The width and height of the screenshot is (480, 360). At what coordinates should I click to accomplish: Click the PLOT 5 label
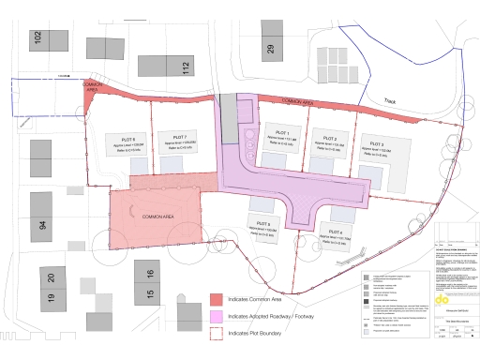click(x=262, y=223)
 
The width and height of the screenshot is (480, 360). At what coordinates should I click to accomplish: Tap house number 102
click(x=37, y=38)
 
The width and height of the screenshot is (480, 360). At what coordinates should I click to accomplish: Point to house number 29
click(x=269, y=50)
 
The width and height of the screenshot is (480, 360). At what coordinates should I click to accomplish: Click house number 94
click(x=42, y=226)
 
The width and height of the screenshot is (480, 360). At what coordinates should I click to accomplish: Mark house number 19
click(x=52, y=300)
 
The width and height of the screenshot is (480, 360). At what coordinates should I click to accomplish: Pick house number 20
click(x=52, y=277)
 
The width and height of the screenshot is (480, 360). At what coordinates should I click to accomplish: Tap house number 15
click(x=149, y=294)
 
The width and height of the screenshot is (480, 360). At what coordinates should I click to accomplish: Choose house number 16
click(x=149, y=275)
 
